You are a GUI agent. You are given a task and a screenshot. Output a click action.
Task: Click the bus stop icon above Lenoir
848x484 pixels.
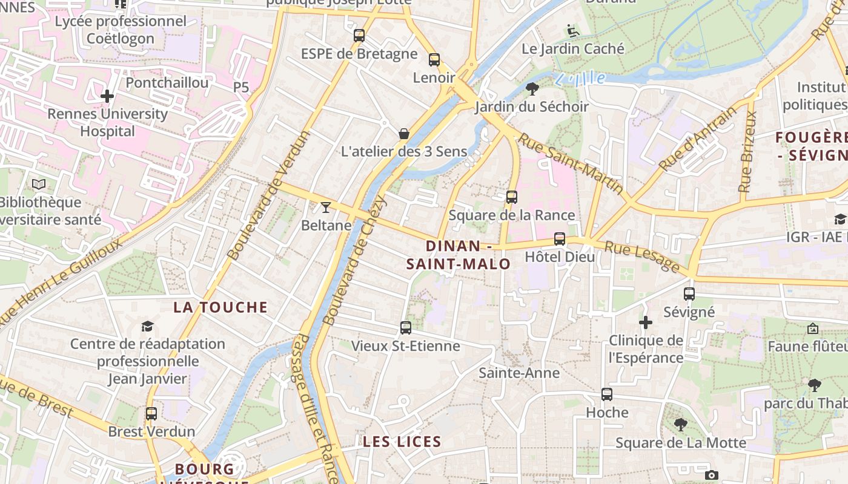pyautogui.click(x=434, y=59)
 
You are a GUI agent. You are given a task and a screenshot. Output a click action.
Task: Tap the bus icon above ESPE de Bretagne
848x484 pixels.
pyautogui.click(x=359, y=36)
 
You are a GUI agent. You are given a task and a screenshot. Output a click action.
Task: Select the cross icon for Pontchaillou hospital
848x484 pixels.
pyautogui.click(x=107, y=96)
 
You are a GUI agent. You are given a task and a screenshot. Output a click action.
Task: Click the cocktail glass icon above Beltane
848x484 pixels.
pyautogui.click(x=326, y=208)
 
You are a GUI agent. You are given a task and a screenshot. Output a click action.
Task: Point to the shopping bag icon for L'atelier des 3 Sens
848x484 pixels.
pyautogui.click(x=404, y=133)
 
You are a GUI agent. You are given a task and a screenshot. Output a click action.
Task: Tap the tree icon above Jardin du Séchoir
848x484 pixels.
pyautogui.click(x=532, y=89)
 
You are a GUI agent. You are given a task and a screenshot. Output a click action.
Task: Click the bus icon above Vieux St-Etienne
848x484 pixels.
pyautogui.click(x=406, y=328)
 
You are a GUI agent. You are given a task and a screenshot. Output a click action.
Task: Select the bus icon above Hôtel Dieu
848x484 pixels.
pyautogui.click(x=560, y=238)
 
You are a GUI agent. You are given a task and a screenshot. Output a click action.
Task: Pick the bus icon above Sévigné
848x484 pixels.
pyautogui.click(x=689, y=294)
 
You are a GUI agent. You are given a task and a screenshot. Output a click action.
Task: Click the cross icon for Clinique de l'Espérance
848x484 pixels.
pyautogui.click(x=646, y=322)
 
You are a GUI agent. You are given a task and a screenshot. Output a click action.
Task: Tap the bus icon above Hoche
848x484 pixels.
pyautogui.click(x=607, y=394)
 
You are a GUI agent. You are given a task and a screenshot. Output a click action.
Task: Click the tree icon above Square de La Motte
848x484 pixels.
pyautogui.click(x=681, y=425)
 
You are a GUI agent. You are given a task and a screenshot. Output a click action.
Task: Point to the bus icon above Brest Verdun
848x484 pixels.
pyautogui.click(x=151, y=414)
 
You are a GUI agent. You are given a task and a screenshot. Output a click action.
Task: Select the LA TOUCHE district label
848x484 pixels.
pyautogui.click(x=220, y=307)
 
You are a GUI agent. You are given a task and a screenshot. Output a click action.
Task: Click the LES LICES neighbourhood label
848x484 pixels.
pyautogui.click(x=402, y=442)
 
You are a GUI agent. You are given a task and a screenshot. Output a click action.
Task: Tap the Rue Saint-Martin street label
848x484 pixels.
pyautogui.click(x=571, y=163)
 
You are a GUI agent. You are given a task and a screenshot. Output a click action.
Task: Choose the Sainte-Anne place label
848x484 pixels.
pyautogui.click(x=519, y=373)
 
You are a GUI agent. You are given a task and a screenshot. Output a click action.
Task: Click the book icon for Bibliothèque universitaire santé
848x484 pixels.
pyautogui.click(x=39, y=184)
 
